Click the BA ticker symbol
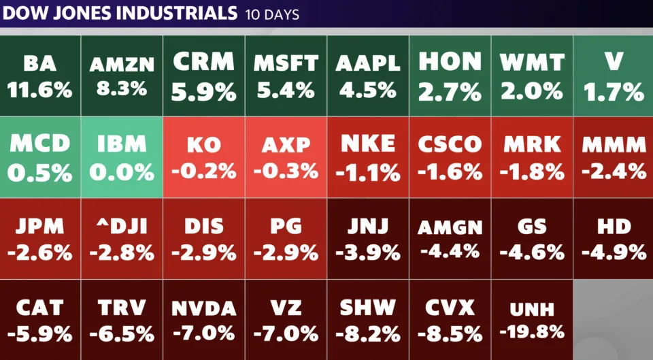tap(39, 64)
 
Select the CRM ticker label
tap(204, 63)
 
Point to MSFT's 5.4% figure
tap(286, 89)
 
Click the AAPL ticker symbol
tap(367, 64)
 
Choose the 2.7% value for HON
tap(450, 91)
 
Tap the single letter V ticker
tap(614, 63)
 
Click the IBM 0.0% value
tap(122, 171)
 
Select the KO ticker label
tap(204, 144)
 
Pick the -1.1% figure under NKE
tap(368, 172)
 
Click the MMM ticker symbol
tap(614, 144)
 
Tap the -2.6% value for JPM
tap(39, 252)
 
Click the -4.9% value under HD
tap(614, 252)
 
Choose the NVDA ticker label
tap(204, 309)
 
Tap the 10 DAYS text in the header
tap(271, 14)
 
